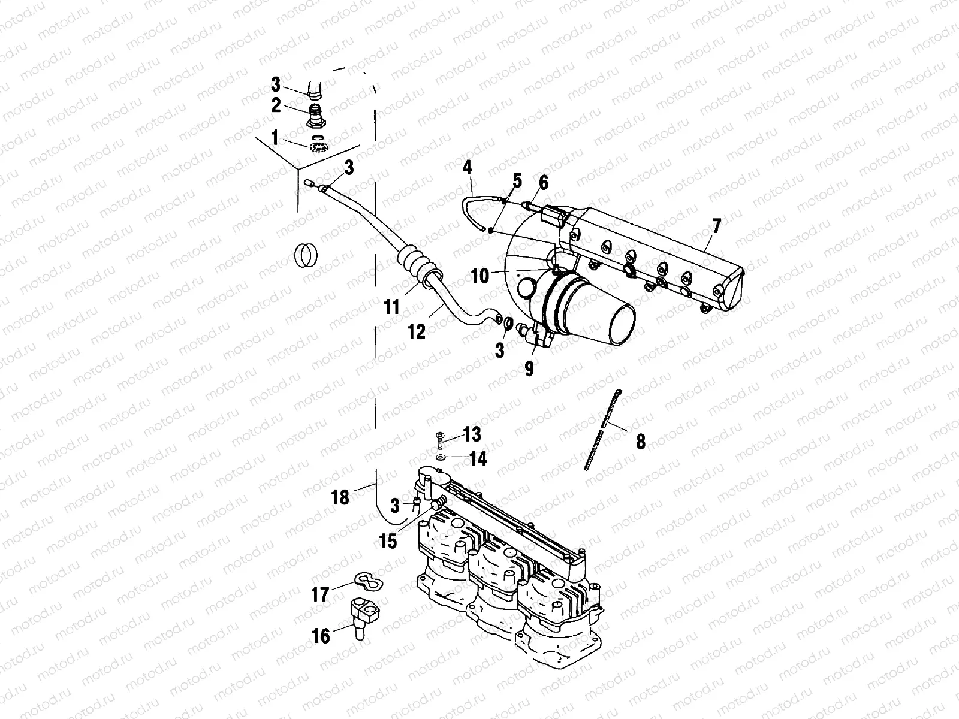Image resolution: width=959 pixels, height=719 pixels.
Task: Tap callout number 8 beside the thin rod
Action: tap(641, 442)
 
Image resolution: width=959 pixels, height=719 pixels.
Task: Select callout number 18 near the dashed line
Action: tap(340, 497)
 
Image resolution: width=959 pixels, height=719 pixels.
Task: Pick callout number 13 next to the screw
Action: tap(472, 433)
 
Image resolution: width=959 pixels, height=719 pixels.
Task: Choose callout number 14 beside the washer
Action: tap(478, 460)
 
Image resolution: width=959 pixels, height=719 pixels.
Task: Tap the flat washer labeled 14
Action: tap(441, 457)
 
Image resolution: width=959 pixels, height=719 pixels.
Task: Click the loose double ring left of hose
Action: tap(307, 255)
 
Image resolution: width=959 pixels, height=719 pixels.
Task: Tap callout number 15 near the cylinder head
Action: tap(388, 541)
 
